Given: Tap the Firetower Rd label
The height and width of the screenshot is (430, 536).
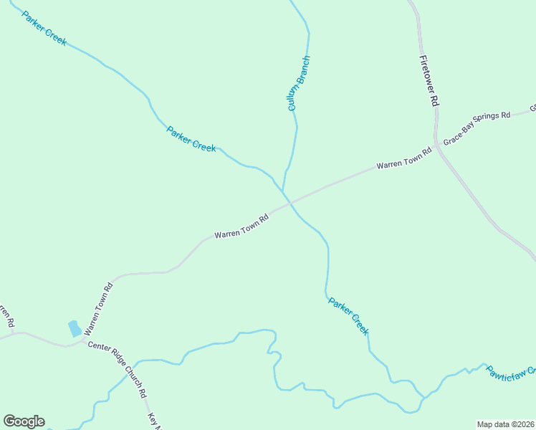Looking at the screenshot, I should (x=429, y=81).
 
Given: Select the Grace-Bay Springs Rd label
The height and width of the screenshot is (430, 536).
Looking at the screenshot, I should (x=477, y=128).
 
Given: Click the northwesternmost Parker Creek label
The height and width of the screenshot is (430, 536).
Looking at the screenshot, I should (x=44, y=29).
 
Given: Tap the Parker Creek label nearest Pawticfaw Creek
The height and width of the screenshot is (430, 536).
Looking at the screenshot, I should (x=348, y=316).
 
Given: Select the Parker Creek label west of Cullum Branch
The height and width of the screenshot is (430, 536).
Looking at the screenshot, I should (x=191, y=138).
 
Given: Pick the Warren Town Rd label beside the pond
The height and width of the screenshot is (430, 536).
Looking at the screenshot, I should (x=99, y=309).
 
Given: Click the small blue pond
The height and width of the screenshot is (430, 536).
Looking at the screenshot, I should (x=74, y=329).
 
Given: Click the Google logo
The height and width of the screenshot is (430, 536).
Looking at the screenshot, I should (x=24, y=421).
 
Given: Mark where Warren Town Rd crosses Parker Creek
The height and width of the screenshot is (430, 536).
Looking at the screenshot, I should (x=289, y=203).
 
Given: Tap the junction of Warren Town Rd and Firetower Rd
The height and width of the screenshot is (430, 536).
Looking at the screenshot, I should (x=436, y=146).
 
